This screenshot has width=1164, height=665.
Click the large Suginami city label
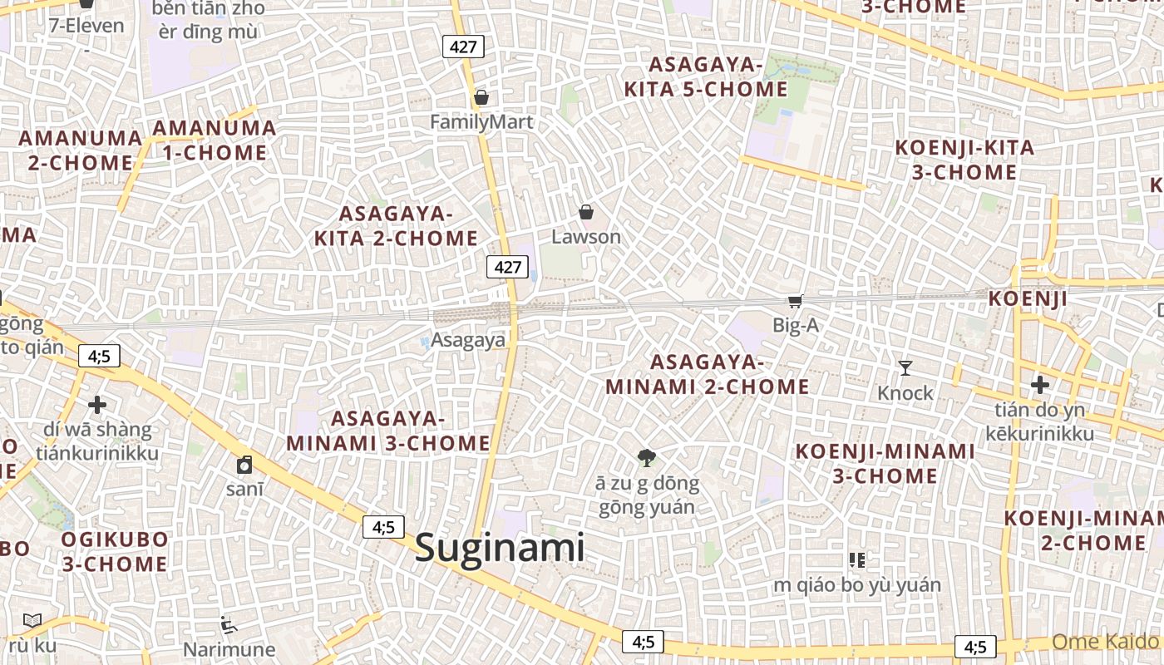500,548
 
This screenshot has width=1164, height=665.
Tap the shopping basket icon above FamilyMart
481,98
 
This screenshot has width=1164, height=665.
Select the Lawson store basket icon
586,212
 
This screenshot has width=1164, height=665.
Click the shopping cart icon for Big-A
796,301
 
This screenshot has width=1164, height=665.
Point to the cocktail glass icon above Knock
905,367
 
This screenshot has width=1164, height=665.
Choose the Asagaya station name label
468,340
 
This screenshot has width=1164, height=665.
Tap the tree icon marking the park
647,457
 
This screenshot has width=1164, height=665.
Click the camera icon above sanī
244,465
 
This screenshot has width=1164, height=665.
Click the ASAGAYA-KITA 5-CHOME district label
706,77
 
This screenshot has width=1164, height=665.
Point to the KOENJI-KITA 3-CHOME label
964,160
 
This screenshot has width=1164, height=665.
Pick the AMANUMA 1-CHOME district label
215,140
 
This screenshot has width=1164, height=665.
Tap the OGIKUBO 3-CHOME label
115,552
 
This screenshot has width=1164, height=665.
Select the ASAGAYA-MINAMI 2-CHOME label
707,375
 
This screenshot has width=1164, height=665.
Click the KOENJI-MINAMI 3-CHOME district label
885,464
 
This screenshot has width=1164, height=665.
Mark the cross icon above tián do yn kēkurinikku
1039,385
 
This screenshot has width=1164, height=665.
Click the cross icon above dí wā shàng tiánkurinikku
97,405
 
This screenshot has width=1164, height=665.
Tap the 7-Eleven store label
86,26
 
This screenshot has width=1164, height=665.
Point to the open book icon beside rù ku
32,620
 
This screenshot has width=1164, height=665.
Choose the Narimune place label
229,649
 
